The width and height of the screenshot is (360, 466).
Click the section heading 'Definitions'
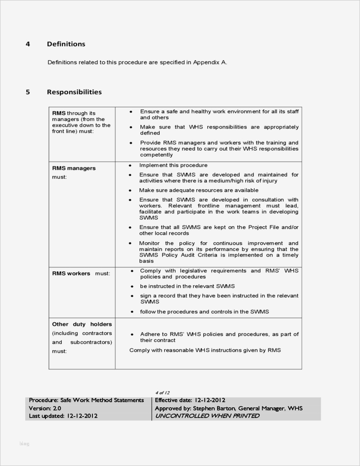(66, 44)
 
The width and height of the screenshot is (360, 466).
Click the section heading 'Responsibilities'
(74, 92)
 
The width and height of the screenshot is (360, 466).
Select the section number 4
(28, 44)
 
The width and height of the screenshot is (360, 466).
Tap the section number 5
(28, 92)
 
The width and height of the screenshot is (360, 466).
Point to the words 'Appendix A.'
(210, 62)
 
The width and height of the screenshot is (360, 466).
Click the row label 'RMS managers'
(74, 168)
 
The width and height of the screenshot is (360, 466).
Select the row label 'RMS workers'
(71, 273)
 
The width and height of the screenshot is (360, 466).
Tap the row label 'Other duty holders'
(82, 324)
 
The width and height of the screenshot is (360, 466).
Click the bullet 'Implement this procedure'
(173, 165)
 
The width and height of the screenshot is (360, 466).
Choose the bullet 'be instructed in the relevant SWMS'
(187, 286)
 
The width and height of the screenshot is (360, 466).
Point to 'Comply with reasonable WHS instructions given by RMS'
(205, 350)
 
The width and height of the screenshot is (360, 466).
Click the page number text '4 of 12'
(162, 392)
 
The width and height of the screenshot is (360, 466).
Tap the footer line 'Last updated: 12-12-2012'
(63, 416)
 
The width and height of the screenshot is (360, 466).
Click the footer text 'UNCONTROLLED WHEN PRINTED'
(207, 416)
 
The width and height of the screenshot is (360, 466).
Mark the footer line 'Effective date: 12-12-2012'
(190, 400)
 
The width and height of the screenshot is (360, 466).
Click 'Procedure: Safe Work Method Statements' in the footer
(86, 400)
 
